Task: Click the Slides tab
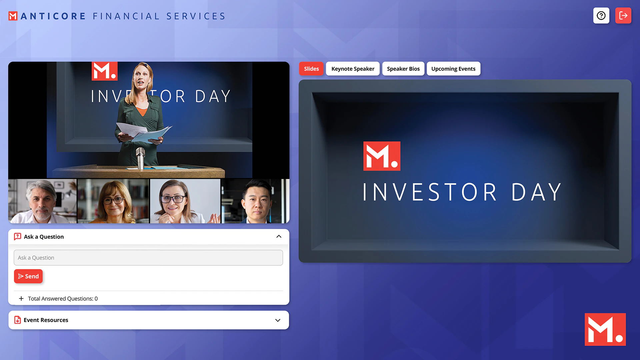pos(311,69)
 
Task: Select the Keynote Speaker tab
pos(353,69)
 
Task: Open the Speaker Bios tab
pos(403,69)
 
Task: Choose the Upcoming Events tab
pos(453,69)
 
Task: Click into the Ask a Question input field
pos(148,258)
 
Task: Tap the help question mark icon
pos(601,16)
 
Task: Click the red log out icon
pos(623,16)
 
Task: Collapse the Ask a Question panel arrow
pos(279,237)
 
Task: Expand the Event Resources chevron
pos(278,320)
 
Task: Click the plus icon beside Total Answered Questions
pos(21,299)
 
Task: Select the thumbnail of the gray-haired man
pos(42,201)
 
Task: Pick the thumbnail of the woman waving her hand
pos(185,201)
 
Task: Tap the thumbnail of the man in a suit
pos(255,201)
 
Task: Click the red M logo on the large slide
pos(382,156)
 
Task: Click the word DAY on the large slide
pos(536,192)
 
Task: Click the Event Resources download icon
pos(18,320)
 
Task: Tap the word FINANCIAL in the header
pos(126,16)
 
